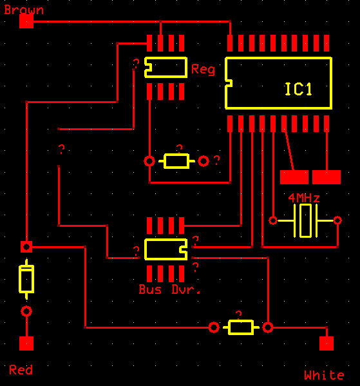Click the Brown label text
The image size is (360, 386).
pos(24,10)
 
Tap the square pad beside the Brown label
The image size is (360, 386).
pos(26,21)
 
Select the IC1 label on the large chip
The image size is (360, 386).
pos(298,89)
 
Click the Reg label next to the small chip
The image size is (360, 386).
pos(203,69)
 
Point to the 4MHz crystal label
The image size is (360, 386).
pos(304,198)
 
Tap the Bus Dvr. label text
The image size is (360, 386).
pos(169,289)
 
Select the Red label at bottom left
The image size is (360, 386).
pos(21,370)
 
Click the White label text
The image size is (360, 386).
pos(324,375)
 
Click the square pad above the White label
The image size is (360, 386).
pos(327,343)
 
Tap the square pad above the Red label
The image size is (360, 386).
pos(26,343)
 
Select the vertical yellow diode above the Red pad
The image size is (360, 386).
pos(26,279)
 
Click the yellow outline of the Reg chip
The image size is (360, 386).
pos(145,67)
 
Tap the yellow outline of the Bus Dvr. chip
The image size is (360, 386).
pos(145,249)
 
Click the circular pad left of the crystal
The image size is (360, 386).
pos(273,220)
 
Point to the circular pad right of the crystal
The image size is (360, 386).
pos(337,220)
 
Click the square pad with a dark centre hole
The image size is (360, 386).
pos(26,247)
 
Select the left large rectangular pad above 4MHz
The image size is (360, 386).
pos(294,177)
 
